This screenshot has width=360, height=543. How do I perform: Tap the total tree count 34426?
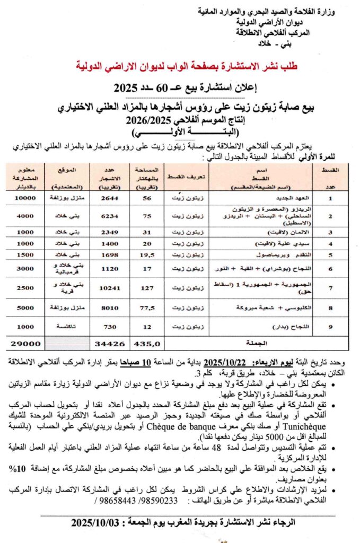[109, 344]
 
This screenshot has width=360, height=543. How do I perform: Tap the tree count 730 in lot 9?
[109, 327]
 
